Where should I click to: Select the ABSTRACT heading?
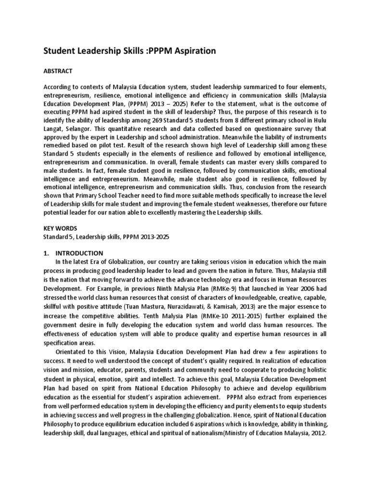58,71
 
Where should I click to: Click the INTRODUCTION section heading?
79,253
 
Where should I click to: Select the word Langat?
55,130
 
